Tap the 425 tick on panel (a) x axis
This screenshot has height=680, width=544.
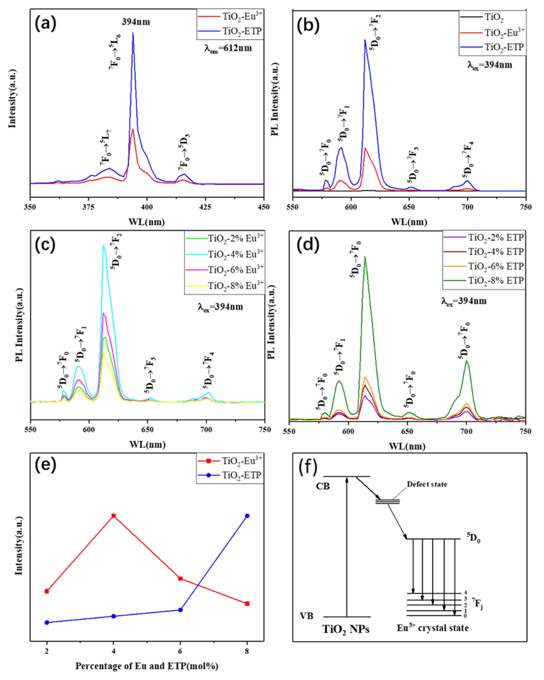pos(205,207)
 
